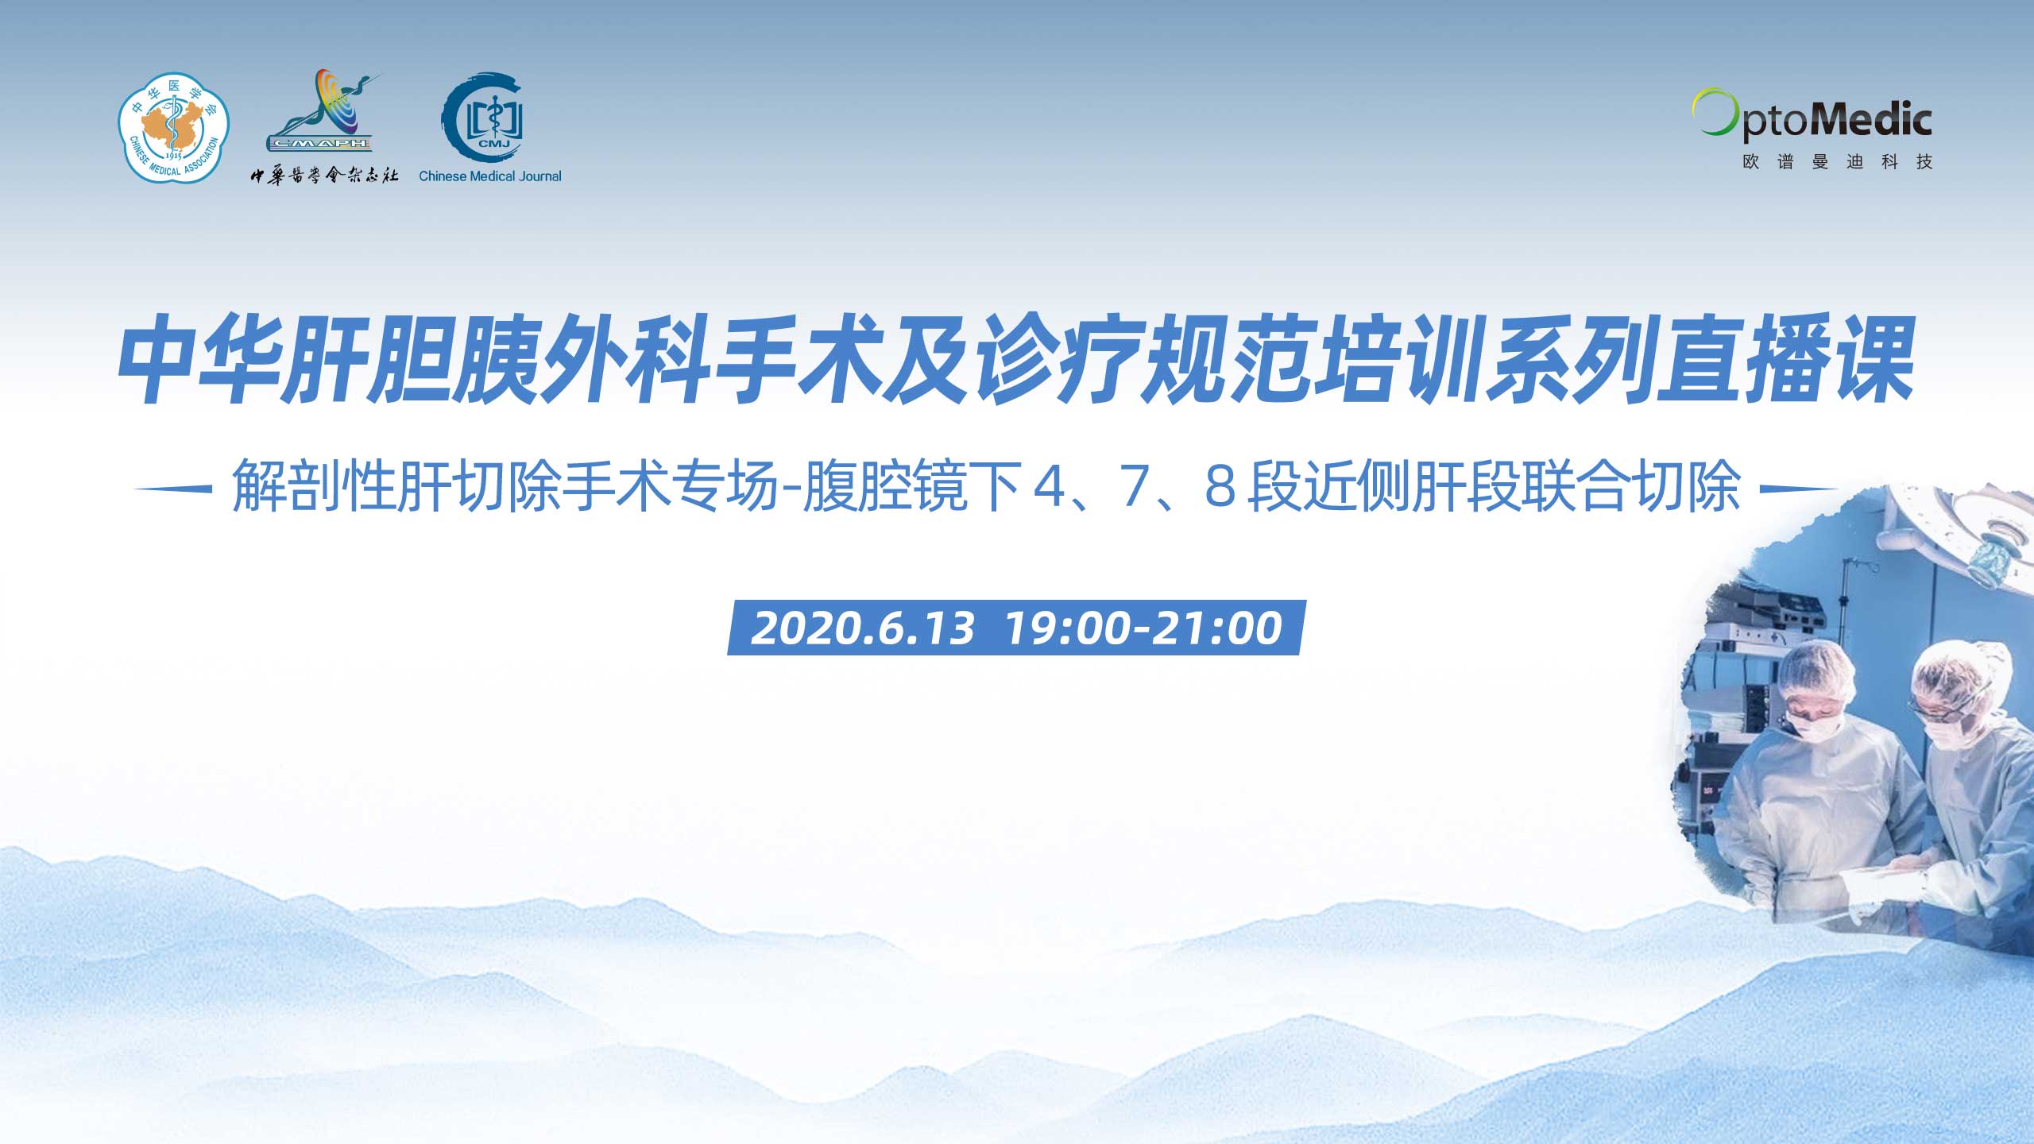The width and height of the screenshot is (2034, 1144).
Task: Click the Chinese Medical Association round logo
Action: point(173,128)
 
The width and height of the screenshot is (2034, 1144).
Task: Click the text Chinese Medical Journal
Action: point(489,176)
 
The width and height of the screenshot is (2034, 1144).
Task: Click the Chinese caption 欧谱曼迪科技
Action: point(1837,162)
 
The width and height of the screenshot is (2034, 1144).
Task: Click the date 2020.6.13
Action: point(863,628)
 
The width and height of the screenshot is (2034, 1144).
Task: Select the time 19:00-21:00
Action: point(1144,628)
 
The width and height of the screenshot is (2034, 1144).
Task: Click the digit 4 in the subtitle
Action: point(1050,486)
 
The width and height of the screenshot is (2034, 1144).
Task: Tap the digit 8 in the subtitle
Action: point(1220,486)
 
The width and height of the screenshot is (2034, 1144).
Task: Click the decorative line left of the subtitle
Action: point(173,489)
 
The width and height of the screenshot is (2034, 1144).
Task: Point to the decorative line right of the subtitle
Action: point(1800,489)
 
